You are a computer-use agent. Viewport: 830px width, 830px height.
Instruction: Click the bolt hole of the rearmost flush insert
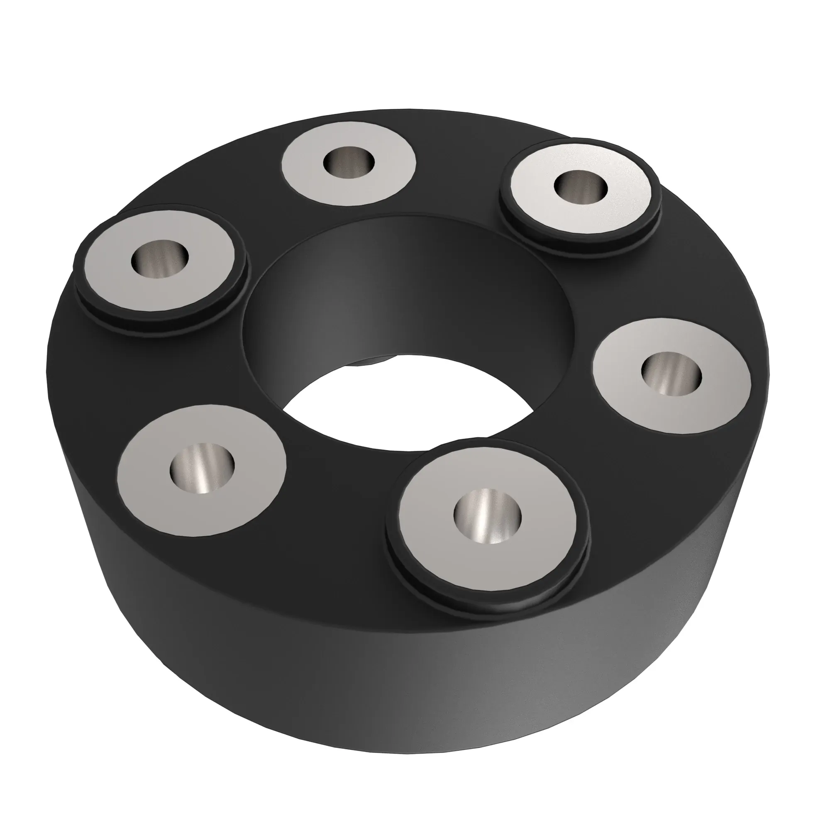pyautogui.click(x=349, y=163)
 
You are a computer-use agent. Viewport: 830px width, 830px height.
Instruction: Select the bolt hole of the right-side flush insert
pyautogui.click(x=671, y=373)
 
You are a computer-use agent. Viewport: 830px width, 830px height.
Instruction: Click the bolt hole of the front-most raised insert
pyautogui.click(x=487, y=517)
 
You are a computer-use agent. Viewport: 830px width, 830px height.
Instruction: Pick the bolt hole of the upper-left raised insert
pyautogui.click(x=160, y=259)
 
